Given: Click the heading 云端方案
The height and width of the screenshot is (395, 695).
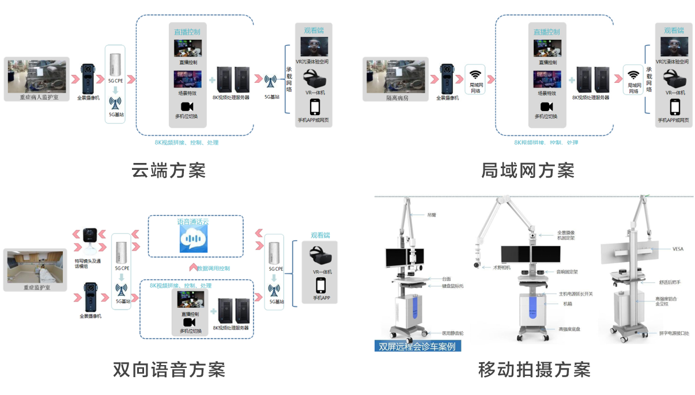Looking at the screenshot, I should coord(168,170).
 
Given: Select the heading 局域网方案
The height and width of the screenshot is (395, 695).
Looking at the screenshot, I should coord(527,170).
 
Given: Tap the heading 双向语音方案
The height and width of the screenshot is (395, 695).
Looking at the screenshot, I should coord(168,369).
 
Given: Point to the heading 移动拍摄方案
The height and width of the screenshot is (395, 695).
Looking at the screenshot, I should coord(534,369).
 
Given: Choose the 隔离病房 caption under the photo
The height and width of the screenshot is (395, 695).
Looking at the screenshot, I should coord(396,98).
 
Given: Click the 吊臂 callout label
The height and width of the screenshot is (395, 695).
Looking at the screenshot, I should coord(432,215).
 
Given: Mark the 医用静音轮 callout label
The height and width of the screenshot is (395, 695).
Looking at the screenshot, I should coord(452,333).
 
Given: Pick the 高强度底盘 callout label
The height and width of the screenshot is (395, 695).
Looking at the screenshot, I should coord(569,329).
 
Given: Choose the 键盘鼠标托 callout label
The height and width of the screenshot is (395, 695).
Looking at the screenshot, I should coord(452,286).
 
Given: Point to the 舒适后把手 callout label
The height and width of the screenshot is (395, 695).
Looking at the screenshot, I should coord(670,282).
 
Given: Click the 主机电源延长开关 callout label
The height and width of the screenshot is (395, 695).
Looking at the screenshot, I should coord(576,294).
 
